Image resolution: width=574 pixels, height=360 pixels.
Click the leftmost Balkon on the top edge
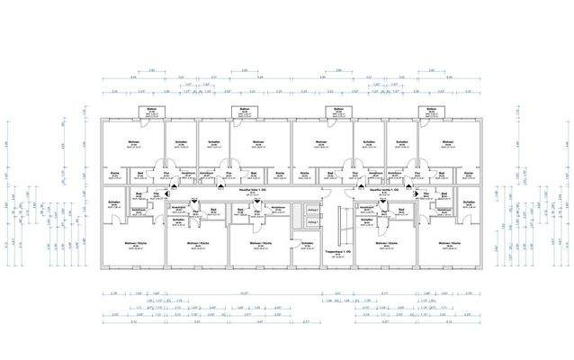(149, 112)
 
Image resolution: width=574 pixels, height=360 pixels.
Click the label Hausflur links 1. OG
(238, 190)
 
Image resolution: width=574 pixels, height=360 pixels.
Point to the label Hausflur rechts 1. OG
(381, 190)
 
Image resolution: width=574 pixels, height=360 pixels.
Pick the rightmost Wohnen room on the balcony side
(447, 145)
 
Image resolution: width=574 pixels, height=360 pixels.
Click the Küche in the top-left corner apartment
(114, 174)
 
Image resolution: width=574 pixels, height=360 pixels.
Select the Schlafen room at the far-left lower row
(114, 204)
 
